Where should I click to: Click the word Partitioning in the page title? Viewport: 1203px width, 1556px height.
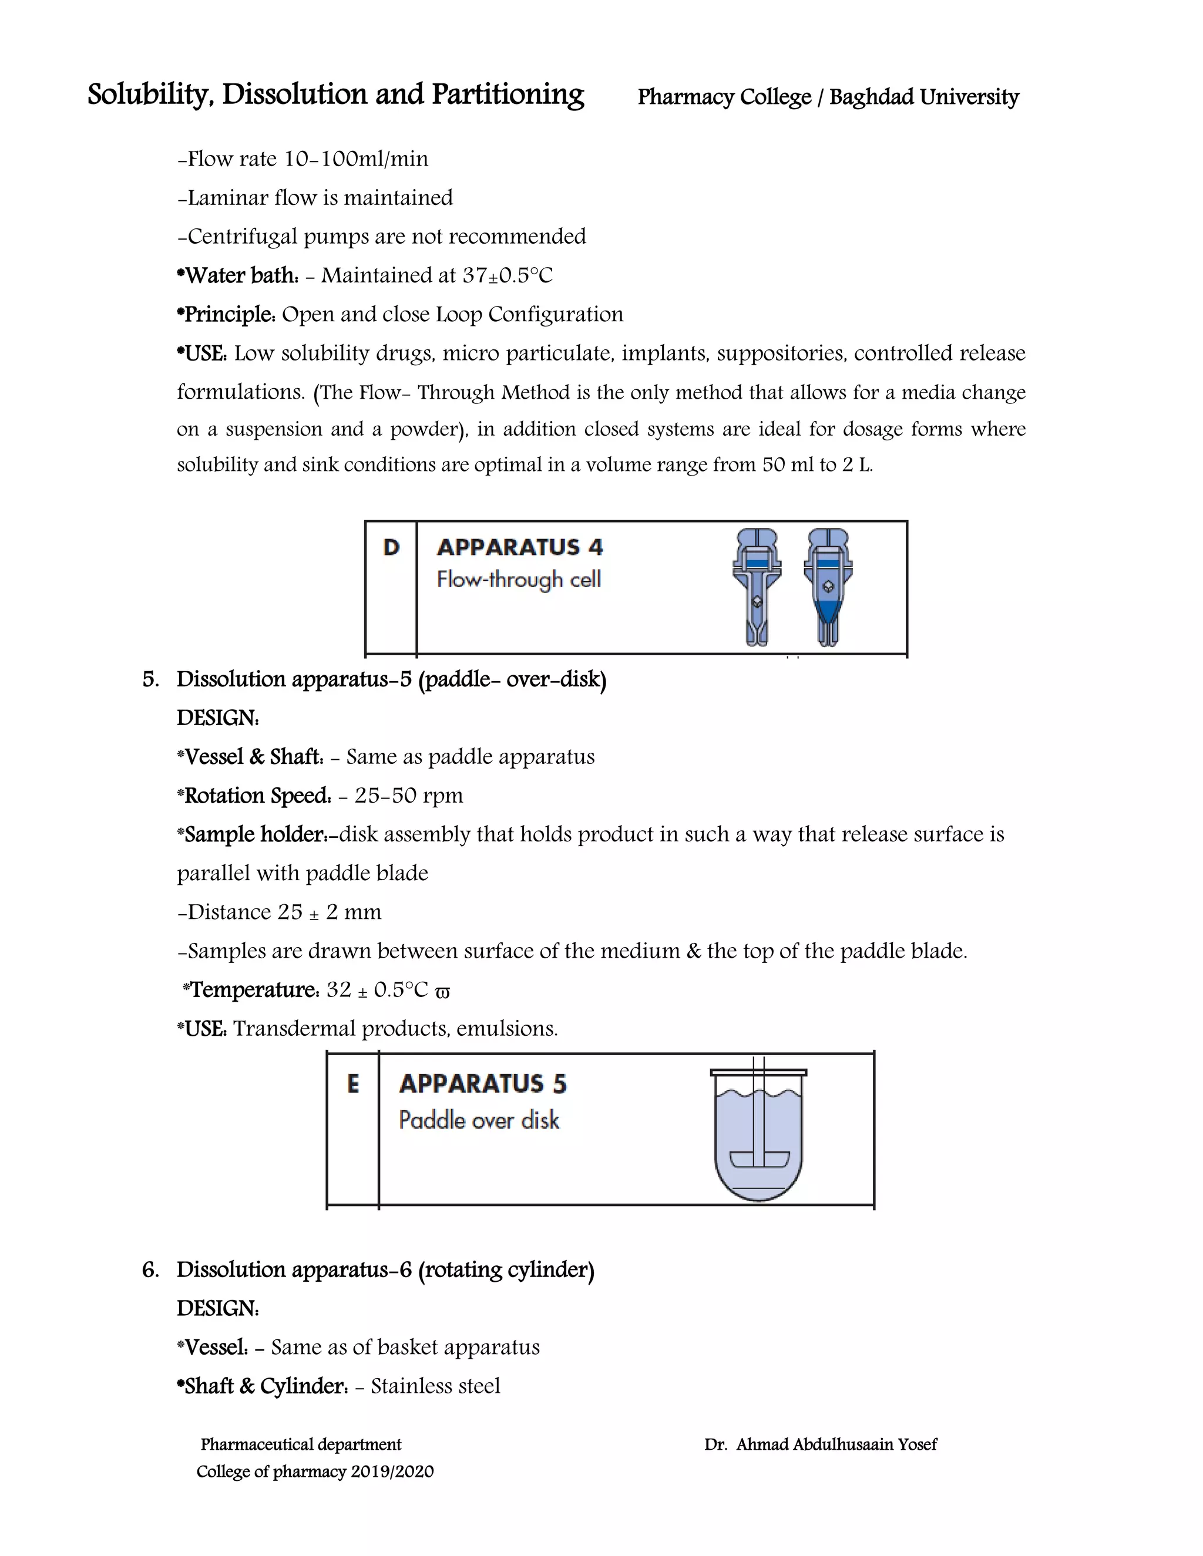point(508,95)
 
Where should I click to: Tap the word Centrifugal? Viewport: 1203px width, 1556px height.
point(243,237)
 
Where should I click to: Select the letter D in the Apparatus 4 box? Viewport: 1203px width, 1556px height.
point(391,547)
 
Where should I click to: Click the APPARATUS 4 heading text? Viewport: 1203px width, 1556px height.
point(519,547)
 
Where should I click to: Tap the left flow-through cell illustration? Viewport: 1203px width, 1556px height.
point(757,587)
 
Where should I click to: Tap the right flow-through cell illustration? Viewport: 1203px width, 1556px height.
point(828,587)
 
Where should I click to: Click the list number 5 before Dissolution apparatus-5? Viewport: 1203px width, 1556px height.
point(150,679)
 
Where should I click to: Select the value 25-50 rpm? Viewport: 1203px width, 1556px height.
point(408,796)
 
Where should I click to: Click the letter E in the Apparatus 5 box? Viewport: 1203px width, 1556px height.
point(353,1084)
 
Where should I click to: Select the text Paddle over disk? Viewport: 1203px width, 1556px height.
point(479,1120)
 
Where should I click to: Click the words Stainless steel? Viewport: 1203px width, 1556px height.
point(435,1386)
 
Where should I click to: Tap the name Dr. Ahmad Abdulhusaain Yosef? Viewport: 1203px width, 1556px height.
point(820,1444)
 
